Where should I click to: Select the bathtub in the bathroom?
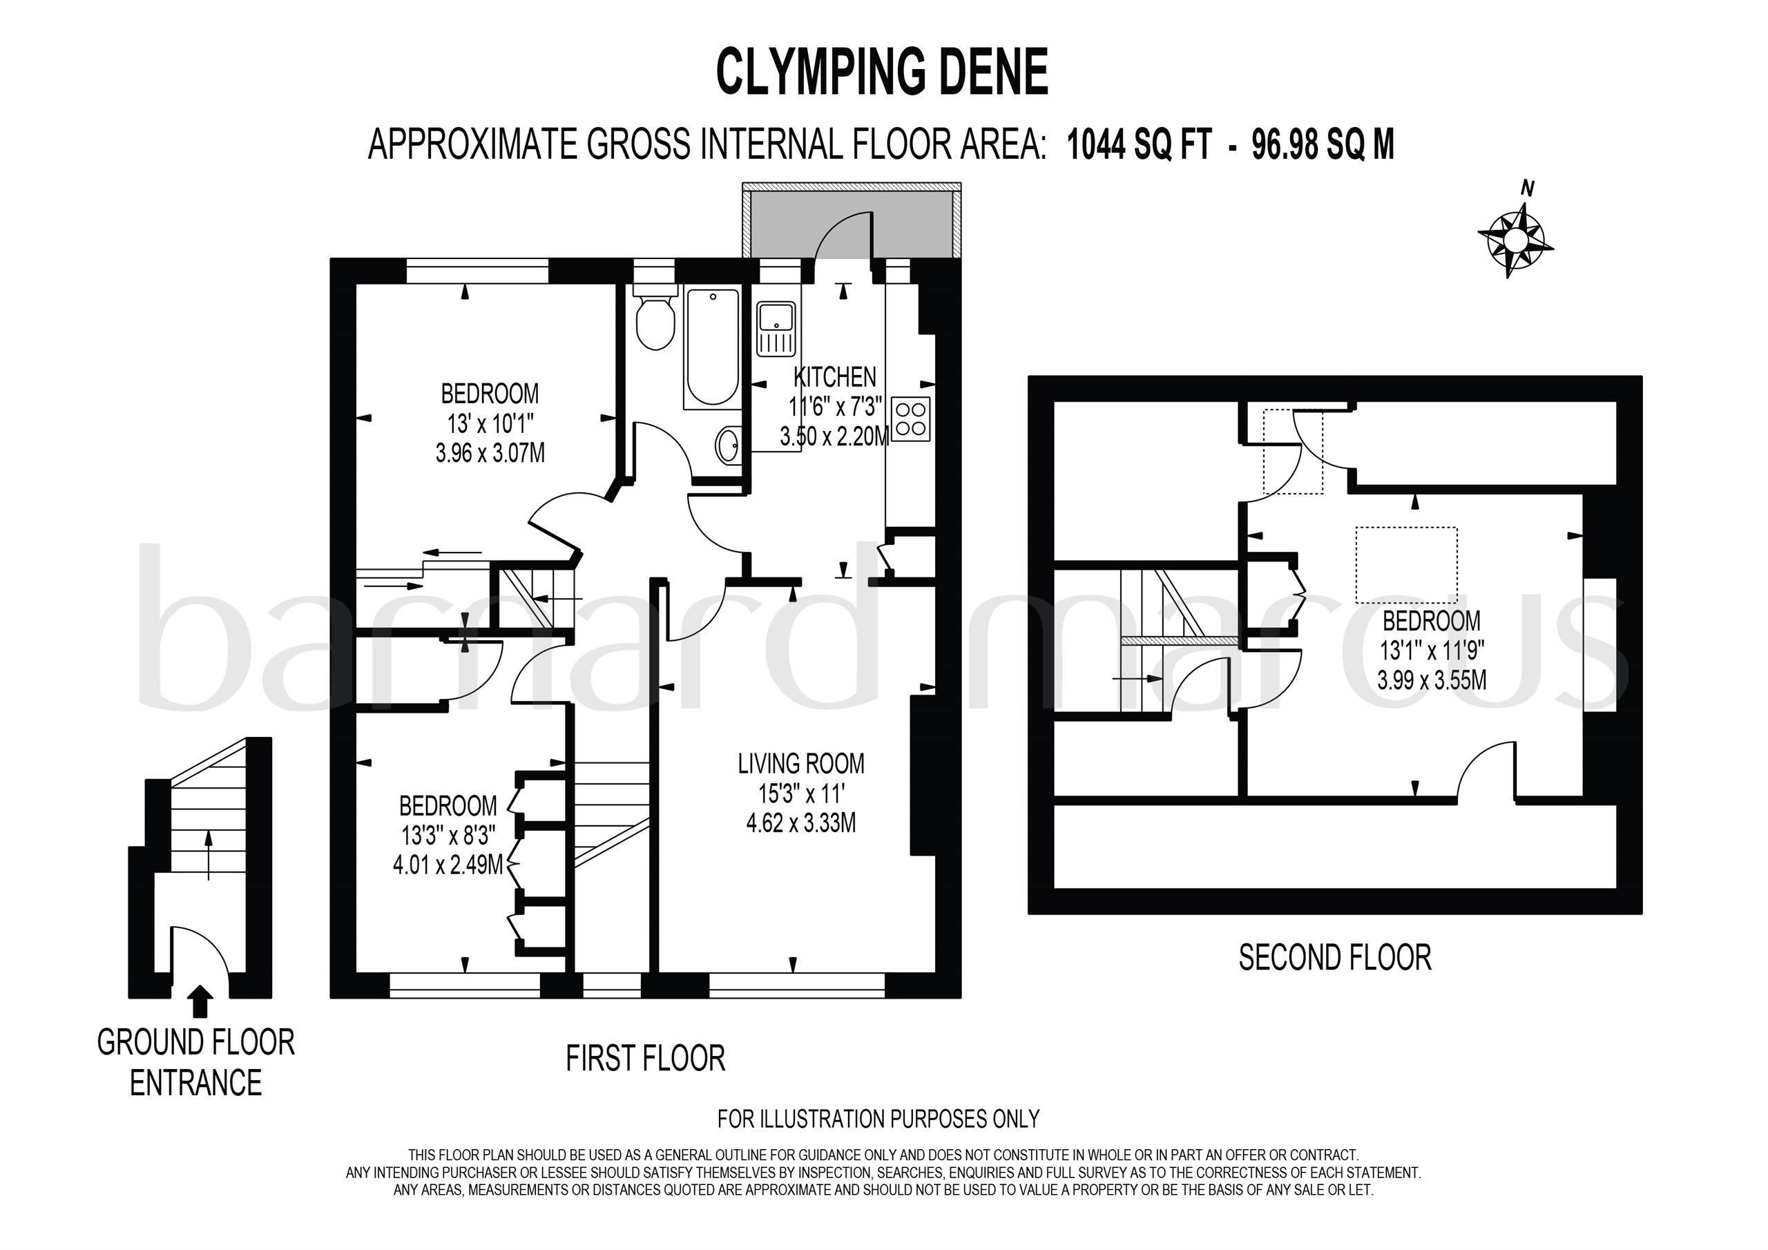712,348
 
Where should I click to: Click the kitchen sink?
776,329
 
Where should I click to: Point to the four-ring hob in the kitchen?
911,419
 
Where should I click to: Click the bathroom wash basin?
729,446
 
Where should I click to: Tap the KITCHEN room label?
835,376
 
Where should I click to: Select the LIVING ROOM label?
801,763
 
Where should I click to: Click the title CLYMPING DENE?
883,72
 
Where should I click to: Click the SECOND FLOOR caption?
1335,958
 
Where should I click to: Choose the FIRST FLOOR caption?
645,1058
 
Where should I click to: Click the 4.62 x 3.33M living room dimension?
801,823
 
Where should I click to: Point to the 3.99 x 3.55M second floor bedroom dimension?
1432,680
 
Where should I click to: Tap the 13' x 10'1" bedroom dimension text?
490,423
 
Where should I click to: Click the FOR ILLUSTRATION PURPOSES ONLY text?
878,1118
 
